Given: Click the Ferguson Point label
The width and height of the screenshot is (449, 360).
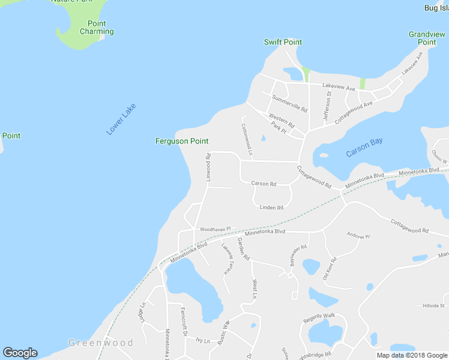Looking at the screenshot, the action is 182,142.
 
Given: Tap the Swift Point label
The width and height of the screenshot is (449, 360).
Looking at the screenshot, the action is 283,43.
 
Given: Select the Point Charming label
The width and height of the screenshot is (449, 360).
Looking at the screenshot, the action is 97,28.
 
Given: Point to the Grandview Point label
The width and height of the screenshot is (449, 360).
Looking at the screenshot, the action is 426,38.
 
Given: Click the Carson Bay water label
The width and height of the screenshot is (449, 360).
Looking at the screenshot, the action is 364,148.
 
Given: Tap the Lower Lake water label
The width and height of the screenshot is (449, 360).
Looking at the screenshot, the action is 121,119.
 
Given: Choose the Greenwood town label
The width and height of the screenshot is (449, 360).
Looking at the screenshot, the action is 100,343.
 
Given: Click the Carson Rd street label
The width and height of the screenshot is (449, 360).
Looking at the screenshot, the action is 264,184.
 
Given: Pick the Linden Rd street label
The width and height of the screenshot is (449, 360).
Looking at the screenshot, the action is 271,208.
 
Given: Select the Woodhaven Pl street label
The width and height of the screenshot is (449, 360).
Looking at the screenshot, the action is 215,229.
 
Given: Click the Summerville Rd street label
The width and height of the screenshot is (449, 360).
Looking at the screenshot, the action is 289,104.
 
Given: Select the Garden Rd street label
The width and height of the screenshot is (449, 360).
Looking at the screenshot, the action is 243,248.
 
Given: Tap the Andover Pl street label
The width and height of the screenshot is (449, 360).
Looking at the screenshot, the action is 358,236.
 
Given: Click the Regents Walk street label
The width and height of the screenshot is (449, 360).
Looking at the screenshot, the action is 319,317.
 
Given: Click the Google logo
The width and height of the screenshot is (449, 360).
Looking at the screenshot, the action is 20,353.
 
